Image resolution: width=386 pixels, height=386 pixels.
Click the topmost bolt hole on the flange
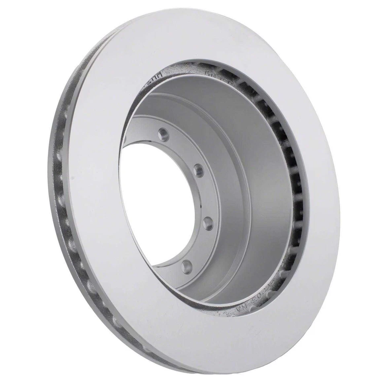pos(162,133)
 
